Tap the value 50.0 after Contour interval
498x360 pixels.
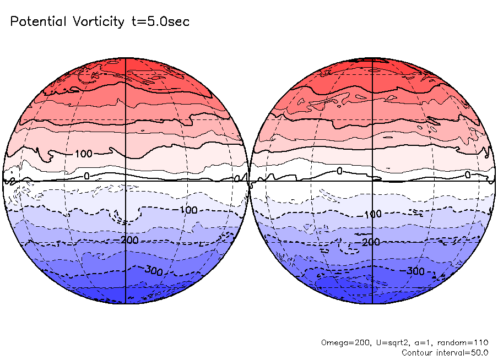478,352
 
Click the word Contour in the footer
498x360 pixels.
418,352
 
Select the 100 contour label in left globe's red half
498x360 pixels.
83,154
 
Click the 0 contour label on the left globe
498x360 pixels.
86,176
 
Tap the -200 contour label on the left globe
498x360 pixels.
128,240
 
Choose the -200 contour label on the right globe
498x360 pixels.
369,242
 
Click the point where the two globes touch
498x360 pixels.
248,181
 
